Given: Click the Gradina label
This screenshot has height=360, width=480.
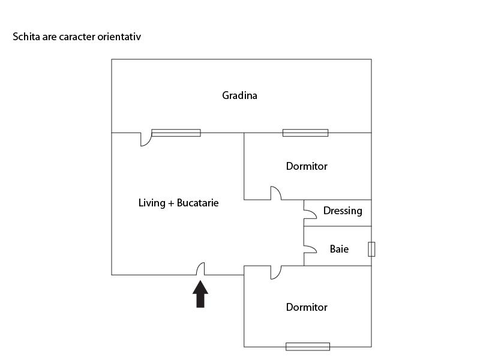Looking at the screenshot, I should pos(239,95).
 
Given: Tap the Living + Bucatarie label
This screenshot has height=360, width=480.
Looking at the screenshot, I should pos(178,203).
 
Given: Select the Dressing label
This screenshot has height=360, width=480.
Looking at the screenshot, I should pos(343,211).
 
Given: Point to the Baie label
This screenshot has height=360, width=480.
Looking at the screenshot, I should pos(339,248).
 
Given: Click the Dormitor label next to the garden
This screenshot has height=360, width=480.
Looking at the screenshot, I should pos(307,166).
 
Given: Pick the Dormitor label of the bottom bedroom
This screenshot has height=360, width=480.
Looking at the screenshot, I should pos(307,307).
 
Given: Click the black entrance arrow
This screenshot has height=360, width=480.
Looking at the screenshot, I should pos(200,294).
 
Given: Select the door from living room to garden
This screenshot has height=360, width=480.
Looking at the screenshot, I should pos(145,139).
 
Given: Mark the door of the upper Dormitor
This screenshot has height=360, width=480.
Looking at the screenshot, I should pos(275,193).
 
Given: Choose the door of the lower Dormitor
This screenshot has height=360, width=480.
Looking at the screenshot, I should pos(275,272).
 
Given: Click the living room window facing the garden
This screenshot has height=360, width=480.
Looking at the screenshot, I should pos(176,133).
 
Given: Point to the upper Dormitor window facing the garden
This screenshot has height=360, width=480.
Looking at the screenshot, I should pos(305,133).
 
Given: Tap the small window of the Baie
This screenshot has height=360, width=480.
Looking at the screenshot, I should pos(371,249).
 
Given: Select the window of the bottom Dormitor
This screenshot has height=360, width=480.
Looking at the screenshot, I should pos(308,346).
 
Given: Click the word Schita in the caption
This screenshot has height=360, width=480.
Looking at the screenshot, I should pos(26,37).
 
